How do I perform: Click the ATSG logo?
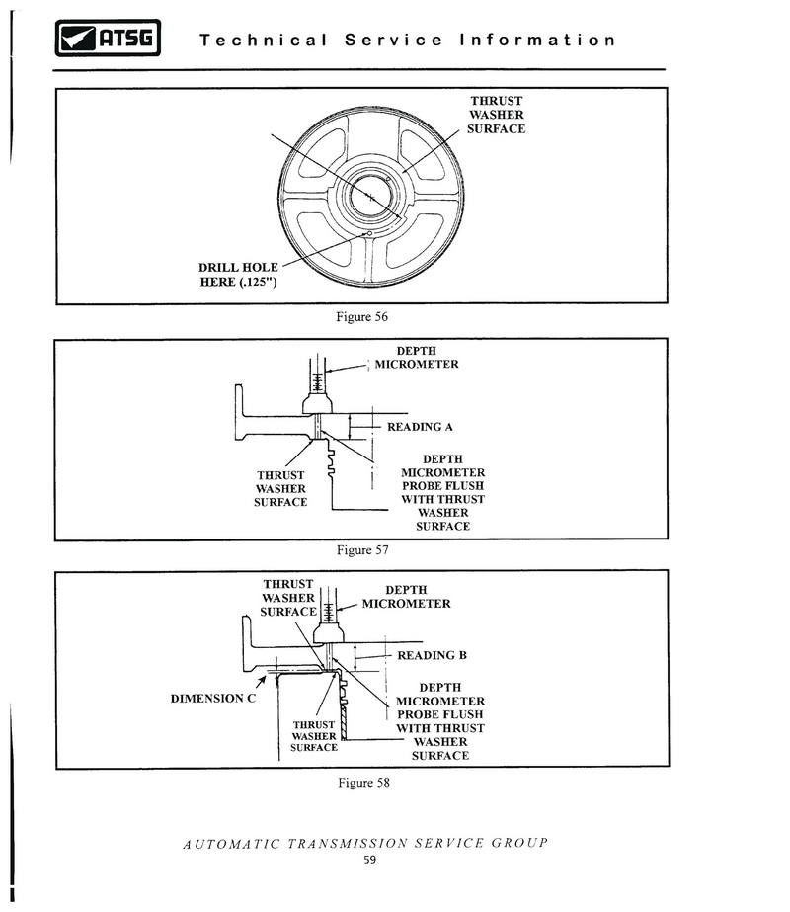pos(108,39)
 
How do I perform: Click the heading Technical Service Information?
pos(408,41)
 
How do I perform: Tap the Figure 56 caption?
pos(361,317)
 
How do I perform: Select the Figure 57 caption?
pos(362,549)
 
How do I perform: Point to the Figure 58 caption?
pos(364,783)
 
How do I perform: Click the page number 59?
pos(369,860)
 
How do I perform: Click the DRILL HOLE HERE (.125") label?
pos(238,275)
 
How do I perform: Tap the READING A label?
pos(420,427)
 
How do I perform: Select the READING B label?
pos(432,655)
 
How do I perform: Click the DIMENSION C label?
pos(212,698)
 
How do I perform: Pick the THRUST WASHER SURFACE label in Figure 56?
pos(497,115)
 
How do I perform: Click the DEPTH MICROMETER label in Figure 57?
pos(416,357)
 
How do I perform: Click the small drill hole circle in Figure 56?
pos(369,234)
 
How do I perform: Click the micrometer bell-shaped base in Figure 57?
pos(317,404)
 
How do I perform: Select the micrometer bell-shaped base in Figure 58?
pos(329,632)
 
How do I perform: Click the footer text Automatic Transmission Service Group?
pos(365,844)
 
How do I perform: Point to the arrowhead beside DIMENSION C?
pos(262,680)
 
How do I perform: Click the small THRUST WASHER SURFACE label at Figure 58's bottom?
pos(314,736)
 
